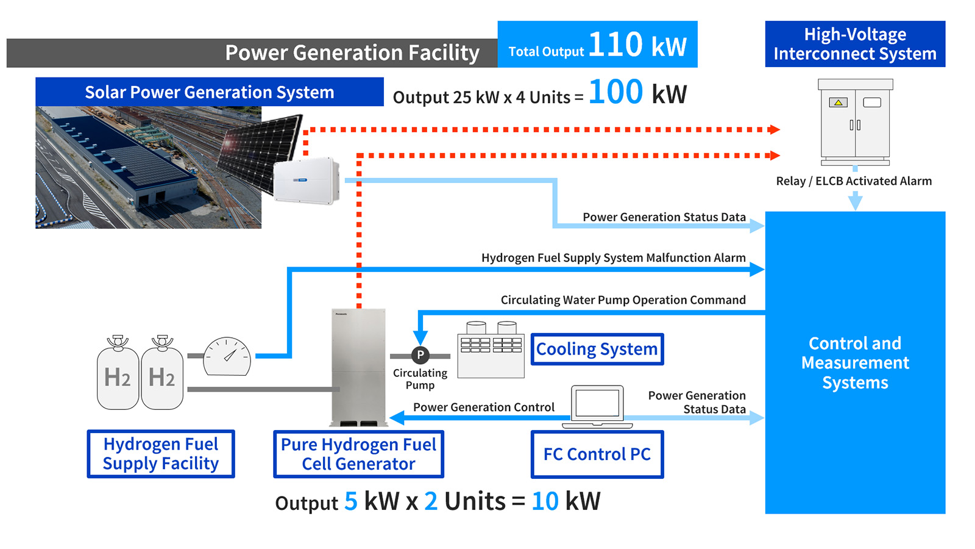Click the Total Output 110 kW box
(x=597, y=45)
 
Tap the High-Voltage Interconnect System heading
(x=854, y=44)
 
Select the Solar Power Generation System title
(x=209, y=92)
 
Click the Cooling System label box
(x=597, y=349)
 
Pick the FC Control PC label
(x=597, y=454)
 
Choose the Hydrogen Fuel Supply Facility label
(x=161, y=454)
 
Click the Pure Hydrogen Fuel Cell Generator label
(x=358, y=454)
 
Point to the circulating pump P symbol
(x=420, y=355)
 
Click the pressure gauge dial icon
(x=227, y=357)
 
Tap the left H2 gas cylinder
(x=118, y=375)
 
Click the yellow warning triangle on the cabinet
(x=838, y=102)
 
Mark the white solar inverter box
(x=305, y=181)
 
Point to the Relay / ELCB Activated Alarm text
(x=854, y=181)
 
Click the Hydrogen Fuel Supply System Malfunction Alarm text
(x=613, y=257)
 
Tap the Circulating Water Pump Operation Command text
(x=623, y=300)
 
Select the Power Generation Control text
(x=483, y=407)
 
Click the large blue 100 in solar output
(x=615, y=93)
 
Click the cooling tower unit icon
(x=491, y=351)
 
